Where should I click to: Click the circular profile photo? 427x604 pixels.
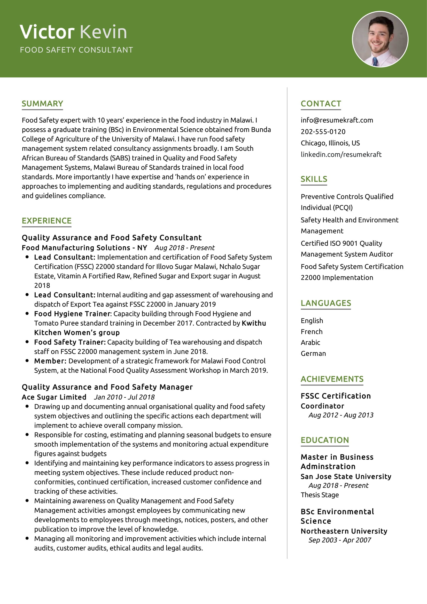coord(380,39)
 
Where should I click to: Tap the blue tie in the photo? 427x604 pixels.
coord(375,61)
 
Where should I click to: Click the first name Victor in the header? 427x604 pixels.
coord(47,32)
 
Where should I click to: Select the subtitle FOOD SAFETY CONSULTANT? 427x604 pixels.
coord(76,50)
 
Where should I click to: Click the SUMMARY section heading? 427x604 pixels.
coord(42,104)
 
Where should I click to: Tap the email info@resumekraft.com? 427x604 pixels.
coord(337,120)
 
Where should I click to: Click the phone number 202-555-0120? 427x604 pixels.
coord(323,131)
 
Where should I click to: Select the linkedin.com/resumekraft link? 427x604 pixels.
coord(341,154)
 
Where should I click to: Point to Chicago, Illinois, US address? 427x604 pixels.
coord(330,143)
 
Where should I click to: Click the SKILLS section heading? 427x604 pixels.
coord(314,179)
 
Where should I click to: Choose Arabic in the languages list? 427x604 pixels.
coord(310,342)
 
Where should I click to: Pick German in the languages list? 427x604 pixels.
coord(313,354)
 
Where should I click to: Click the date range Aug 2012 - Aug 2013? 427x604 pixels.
coord(341,415)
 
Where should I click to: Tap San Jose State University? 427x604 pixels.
coord(346,476)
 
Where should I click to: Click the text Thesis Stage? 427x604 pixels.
coord(320,495)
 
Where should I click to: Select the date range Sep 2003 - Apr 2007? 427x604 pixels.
coord(339,540)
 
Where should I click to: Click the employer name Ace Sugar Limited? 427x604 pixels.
coord(54,397)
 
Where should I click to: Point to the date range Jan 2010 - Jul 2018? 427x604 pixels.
coord(124,397)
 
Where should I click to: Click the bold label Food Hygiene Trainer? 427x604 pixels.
coord(72,313)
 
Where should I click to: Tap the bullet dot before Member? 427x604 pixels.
coord(27,361)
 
